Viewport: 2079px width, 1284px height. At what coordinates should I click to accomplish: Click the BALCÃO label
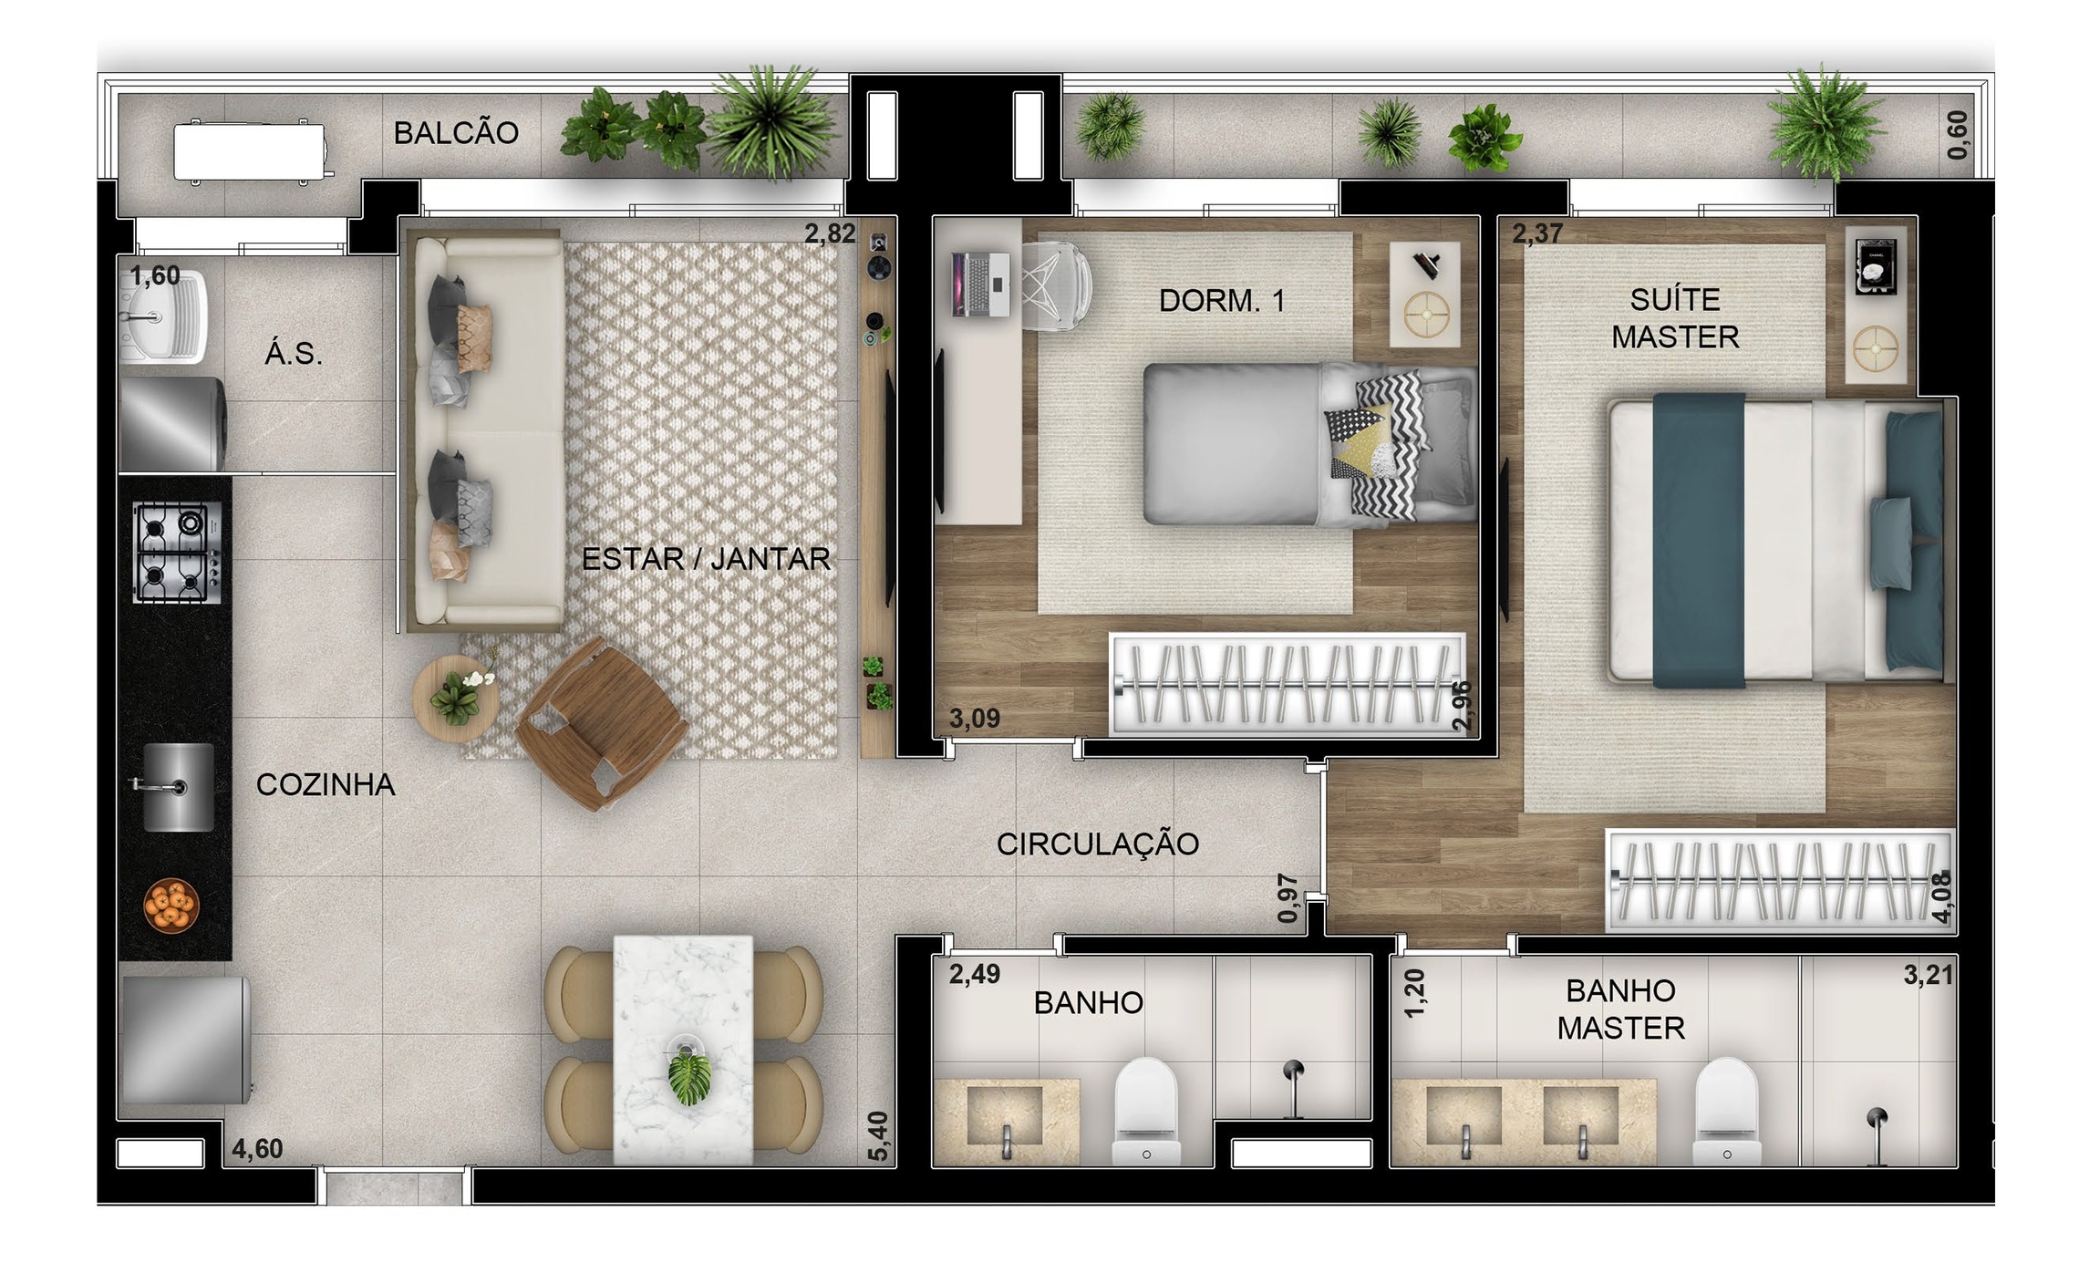[456, 133]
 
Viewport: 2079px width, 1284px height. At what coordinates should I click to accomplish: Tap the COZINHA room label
[326, 784]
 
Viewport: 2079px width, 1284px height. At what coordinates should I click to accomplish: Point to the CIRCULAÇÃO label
[1098, 844]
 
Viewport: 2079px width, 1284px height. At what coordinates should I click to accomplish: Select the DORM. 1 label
[1222, 300]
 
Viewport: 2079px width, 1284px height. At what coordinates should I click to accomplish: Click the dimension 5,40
[877, 1136]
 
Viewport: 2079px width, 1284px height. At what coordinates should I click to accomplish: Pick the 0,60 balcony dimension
[1957, 135]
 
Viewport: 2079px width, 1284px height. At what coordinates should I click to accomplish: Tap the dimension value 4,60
[257, 1149]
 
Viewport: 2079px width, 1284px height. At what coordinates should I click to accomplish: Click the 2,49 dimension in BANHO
[975, 974]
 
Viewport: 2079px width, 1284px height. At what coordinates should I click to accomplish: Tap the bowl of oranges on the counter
[171, 905]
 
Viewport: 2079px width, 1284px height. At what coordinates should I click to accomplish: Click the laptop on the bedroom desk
[980, 284]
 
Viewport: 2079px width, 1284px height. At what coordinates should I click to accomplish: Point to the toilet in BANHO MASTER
[1725, 1112]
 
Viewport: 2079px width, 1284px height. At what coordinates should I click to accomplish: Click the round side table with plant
[455, 699]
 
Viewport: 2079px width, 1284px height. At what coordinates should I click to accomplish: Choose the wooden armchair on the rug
[602, 723]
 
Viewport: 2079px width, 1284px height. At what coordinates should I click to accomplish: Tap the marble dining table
[683, 1050]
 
